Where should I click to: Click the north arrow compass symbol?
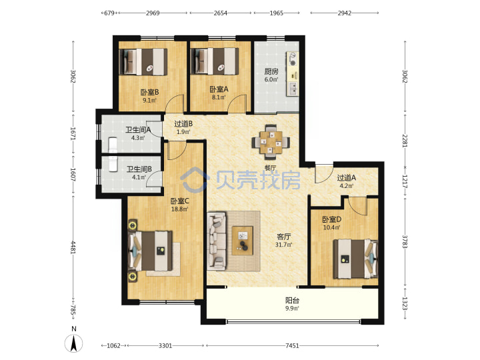[x=73, y=343]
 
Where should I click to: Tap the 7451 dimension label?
[x=292, y=345]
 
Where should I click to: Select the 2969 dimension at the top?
[x=153, y=13]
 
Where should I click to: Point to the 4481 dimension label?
[x=73, y=247]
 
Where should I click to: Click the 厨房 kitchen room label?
[x=271, y=71]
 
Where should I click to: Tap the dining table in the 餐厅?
[x=271, y=142]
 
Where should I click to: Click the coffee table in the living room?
[x=243, y=241]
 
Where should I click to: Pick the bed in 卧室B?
[x=143, y=61]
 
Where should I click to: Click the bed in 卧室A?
[x=215, y=61]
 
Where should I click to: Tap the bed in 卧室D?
[x=355, y=259]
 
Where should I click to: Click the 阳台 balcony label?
[x=292, y=300]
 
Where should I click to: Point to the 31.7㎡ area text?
[x=284, y=245]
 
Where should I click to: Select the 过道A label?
[x=346, y=178]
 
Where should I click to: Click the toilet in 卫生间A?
[x=113, y=145]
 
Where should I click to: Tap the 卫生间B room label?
[x=139, y=169]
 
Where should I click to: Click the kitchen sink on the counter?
[x=293, y=89]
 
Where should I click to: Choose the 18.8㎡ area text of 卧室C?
[x=179, y=209]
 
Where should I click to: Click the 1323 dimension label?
[x=405, y=304]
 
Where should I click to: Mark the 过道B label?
[x=183, y=124]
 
